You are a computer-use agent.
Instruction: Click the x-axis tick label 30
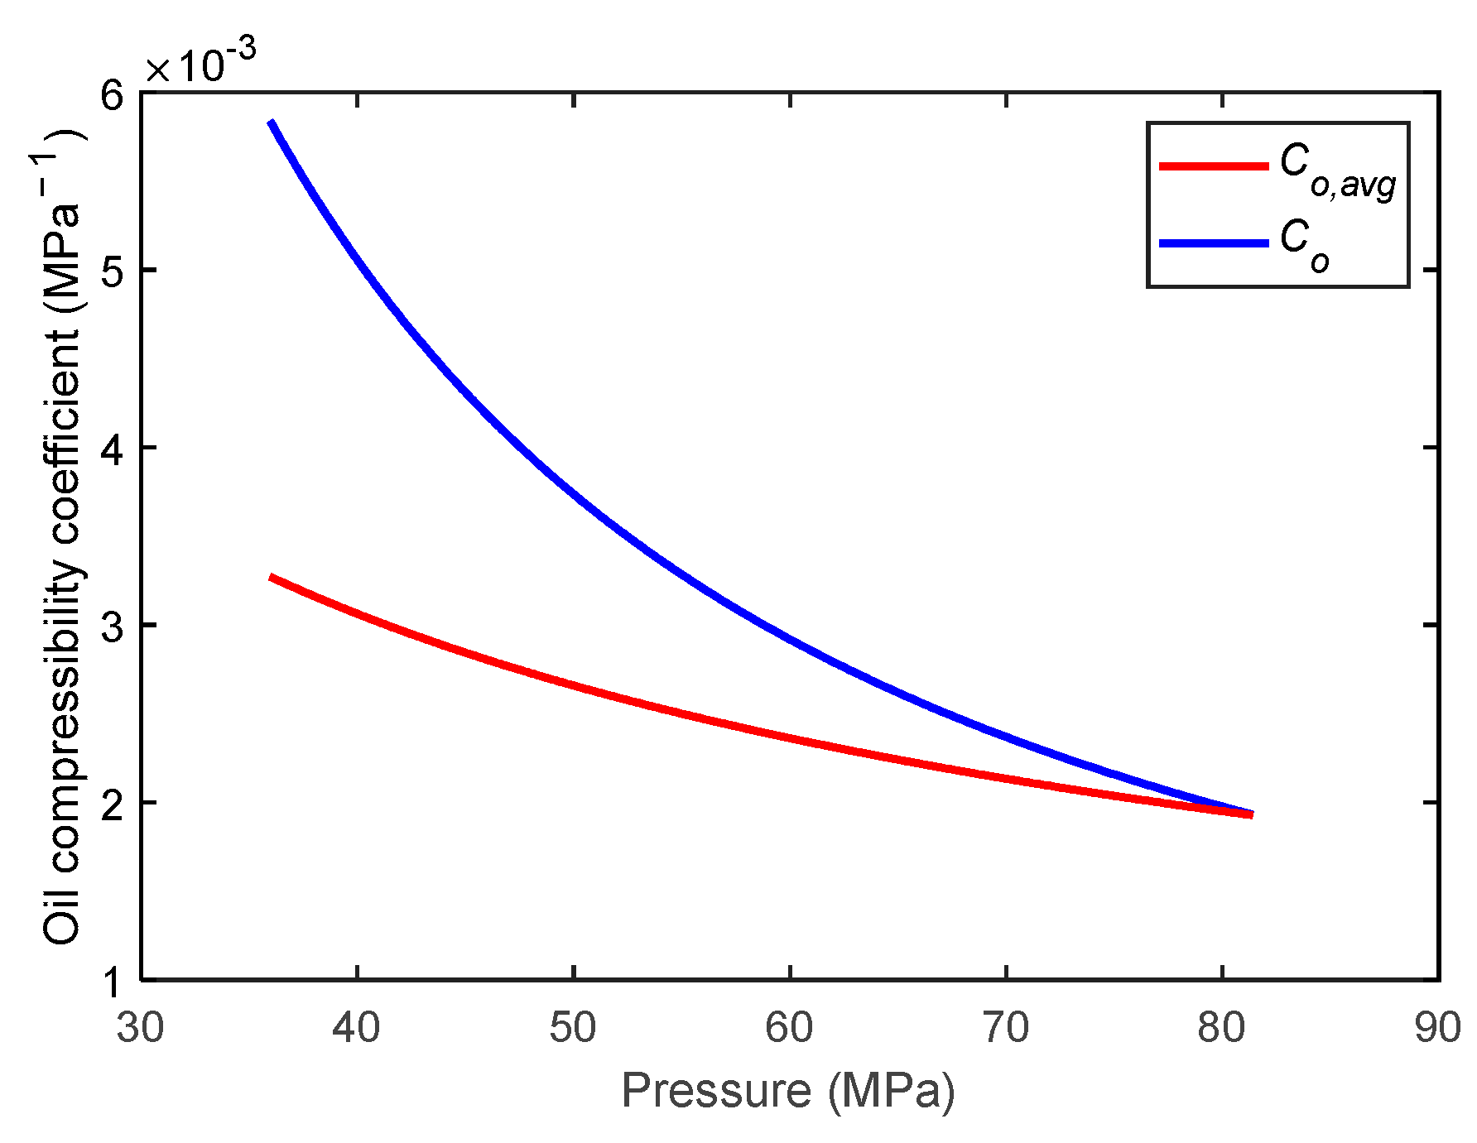click(140, 1028)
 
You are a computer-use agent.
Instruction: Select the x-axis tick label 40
click(356, 1028)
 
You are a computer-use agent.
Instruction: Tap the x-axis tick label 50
click(573, 1028)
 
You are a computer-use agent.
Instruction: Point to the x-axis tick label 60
click(789, 1028)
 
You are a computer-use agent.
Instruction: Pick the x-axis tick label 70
click(1006, 1028)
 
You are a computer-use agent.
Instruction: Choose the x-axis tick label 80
click(1222, 1028)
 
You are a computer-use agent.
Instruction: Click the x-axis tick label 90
click(1438, 1028)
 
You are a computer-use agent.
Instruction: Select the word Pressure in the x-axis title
click(715, 1091)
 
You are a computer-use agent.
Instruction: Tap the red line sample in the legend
click(1213, 166)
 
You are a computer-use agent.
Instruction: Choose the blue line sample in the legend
click(1213, 243)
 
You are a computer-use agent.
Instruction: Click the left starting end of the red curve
click(272, 577)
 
